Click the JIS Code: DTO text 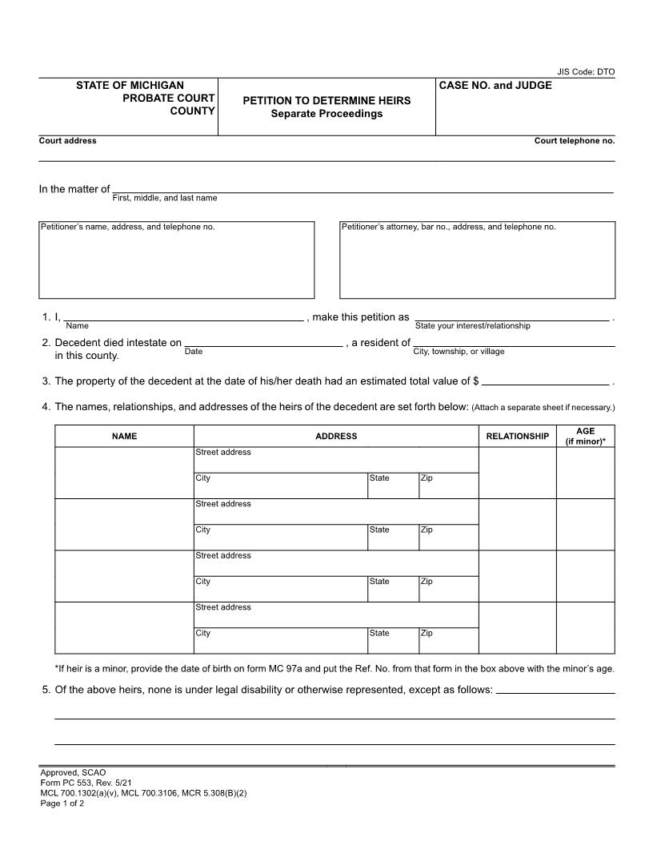click(586, 72)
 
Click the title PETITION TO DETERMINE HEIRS click(326, 101)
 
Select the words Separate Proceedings click(326, 114)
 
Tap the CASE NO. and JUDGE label click(495, 86)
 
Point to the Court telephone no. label click(575, 141)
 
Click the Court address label click(68, 141)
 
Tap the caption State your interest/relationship click(472, 326)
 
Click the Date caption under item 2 click(194, 352)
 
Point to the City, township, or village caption click(459, 352)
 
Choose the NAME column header click(124, 437)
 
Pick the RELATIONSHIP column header click(518, 437)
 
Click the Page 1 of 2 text click(62, 804)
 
